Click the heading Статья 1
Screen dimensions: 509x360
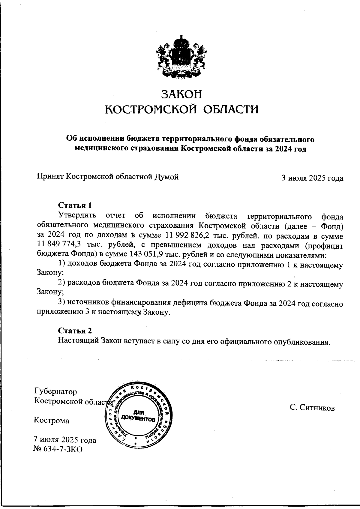[74, 206]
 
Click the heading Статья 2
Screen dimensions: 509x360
[75, 331]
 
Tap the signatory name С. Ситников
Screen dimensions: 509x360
[312, 408]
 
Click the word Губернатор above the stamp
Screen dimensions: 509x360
[56, 392]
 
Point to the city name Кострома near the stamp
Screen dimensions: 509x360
[52, 421]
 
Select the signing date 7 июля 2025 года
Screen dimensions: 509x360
[65, 440]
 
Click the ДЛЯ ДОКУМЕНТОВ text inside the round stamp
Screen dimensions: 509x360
[138, 415]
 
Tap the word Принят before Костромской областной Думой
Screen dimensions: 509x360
[50, 177]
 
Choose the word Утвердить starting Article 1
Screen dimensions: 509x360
[77, 216]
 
